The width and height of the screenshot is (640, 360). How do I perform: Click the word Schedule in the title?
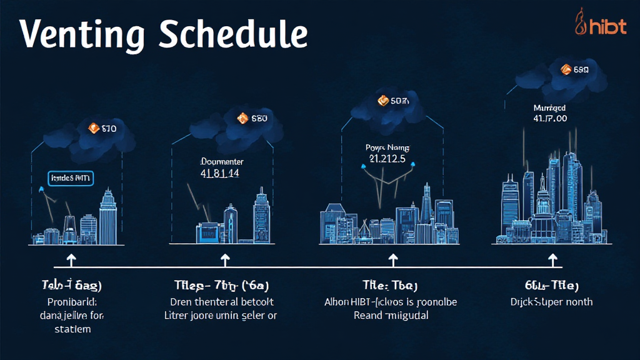[233, 34]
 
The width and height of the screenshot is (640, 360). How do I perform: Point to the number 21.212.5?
[384, 159]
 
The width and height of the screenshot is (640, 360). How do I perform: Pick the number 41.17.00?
[550, 118]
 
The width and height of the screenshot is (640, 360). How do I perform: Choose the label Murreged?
[549, 107]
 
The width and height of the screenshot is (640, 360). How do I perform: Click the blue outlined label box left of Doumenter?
[70, 179]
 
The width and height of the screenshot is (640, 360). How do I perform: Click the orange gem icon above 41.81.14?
[242, 117]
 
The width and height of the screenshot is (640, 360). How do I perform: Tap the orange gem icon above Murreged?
[567, 69]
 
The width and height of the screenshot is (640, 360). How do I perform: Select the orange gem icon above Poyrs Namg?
[383, 100]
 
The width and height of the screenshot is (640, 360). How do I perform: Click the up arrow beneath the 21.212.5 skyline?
[394, 260]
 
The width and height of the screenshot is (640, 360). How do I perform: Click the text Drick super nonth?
[551, 302]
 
